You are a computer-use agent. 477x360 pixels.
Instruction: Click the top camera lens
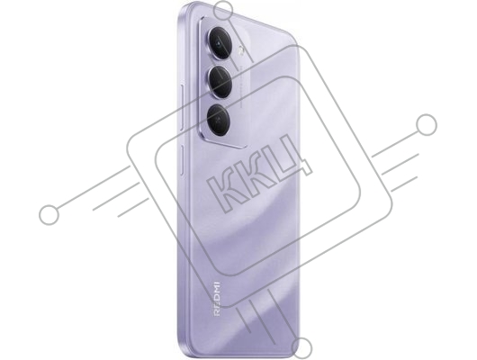click(x=220, y=43)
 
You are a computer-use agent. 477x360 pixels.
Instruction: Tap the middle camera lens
click(x=220, y=82)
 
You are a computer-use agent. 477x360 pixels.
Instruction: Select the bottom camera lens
click(x=219, y=120)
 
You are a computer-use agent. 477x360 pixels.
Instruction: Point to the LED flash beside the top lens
click(x=241, y=50)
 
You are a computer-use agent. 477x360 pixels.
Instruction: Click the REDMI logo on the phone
click(x=217, y=299)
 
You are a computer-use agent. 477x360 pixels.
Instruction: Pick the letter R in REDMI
click(x=217, y=313)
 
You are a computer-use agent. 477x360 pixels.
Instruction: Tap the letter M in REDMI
click(x=217, y=292)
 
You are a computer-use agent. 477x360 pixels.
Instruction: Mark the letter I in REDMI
click(x=217, y=283)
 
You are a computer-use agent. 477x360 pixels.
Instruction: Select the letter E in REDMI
click(x=217, y=306)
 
